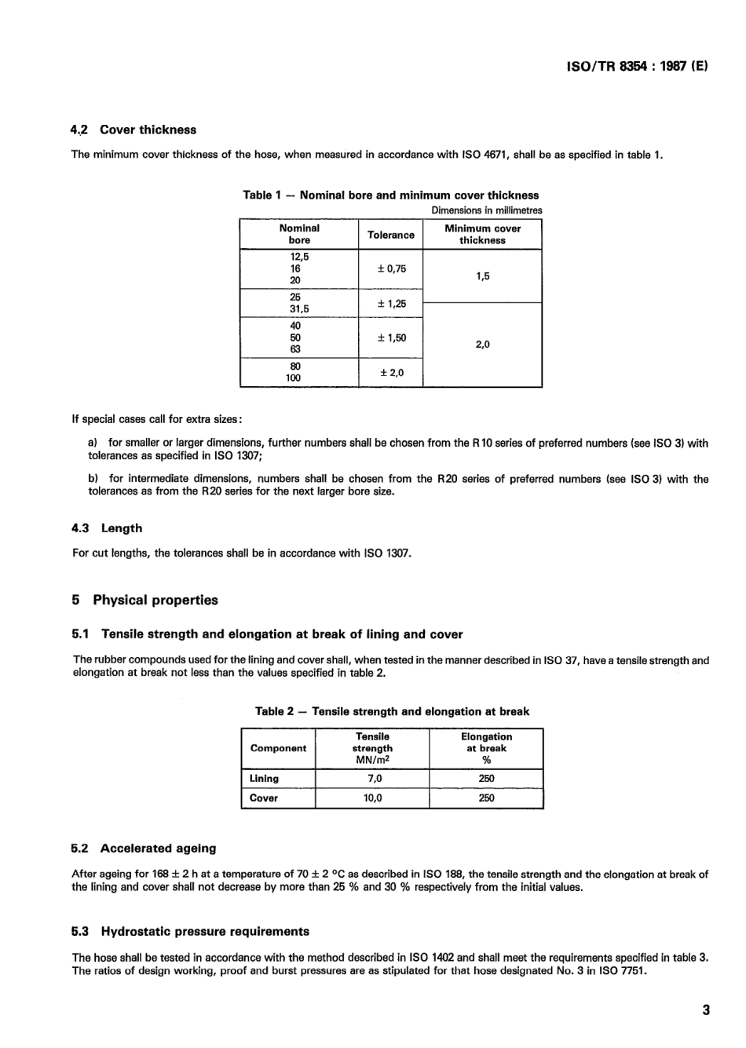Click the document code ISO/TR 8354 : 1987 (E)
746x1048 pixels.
(637, 67)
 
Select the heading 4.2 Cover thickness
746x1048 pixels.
(133, 130)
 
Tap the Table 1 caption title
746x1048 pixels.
(391, 195)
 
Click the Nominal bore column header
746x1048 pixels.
(299, 234)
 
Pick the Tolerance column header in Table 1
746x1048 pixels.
(390, 235)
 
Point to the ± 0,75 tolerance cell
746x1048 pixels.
(391, 268)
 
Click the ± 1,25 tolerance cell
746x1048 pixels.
(391, 303)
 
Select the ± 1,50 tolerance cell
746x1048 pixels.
(391, 338)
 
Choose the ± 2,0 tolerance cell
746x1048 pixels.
(391, 372)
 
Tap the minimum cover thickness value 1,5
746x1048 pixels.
(482, 276)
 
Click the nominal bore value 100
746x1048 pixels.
(294, 378)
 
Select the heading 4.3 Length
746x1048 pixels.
(107, 529)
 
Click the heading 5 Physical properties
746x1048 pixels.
(144, 601)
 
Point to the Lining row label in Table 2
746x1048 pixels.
(264, 779)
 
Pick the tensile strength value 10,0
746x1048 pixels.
(372, 798)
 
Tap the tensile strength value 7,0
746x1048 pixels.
(374, 779)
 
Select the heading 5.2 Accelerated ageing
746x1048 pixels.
(143, 849)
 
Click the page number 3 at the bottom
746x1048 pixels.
(705, 1010)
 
